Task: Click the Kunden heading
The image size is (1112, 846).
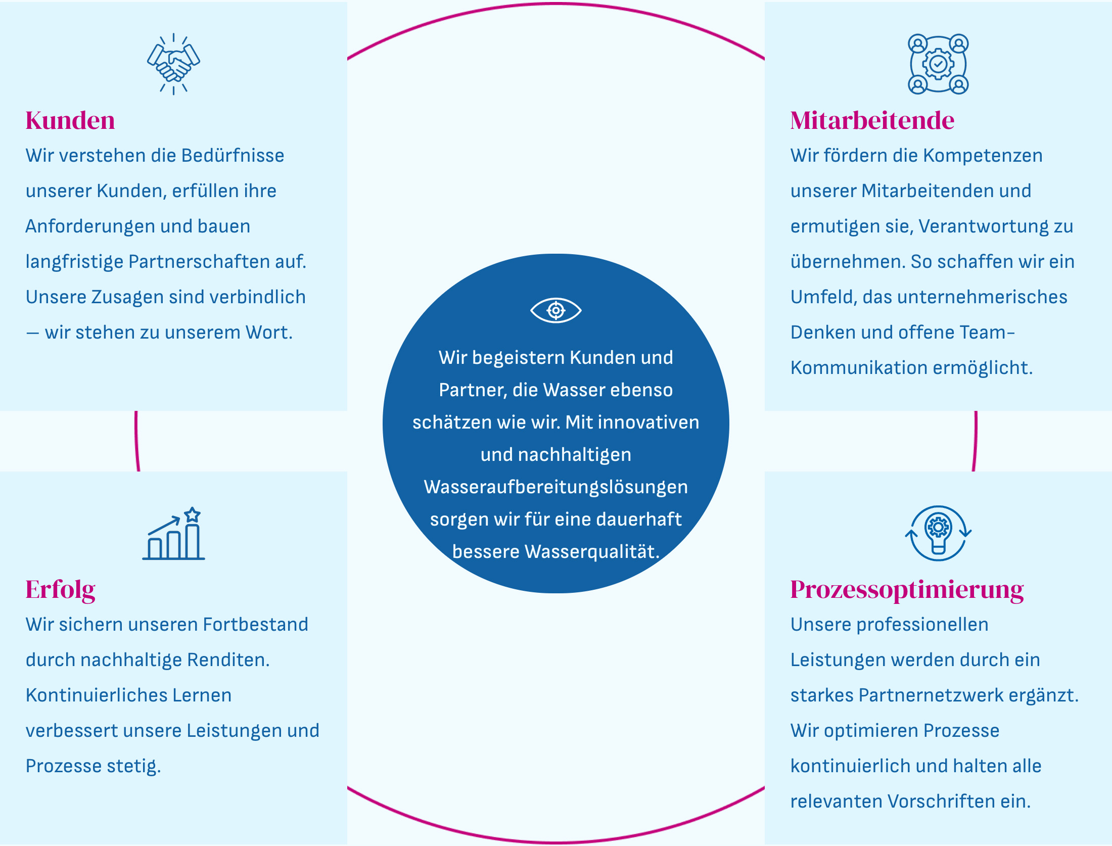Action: (70, 121)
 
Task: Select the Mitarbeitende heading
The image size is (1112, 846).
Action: (872, 121)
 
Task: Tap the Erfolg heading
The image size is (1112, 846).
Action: (60, 590)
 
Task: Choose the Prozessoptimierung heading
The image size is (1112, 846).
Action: (907, 590)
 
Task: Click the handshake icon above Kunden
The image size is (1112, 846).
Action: (173, 64)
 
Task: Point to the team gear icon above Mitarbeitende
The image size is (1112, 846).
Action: (938, 64)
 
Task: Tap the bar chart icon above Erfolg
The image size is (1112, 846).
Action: (173, 535)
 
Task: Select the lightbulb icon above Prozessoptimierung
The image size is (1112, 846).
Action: (938, 534)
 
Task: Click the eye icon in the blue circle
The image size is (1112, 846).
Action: (555, 310)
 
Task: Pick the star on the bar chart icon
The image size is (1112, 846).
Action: (192, 515)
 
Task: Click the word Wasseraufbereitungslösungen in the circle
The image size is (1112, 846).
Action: (555, 487)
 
